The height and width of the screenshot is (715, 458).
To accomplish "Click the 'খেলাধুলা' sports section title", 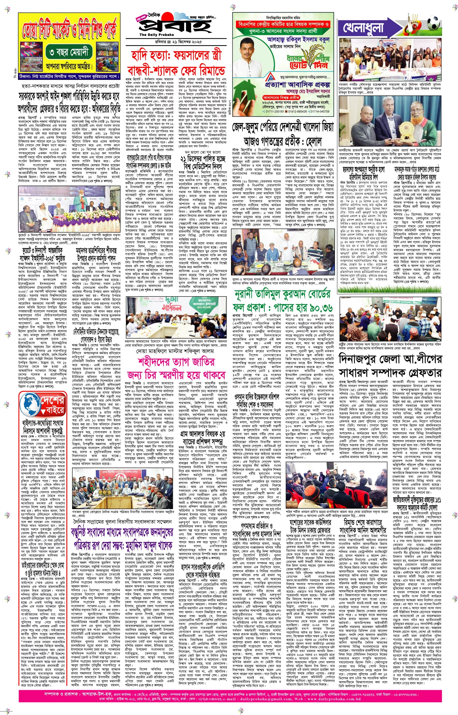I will tap(364, 28).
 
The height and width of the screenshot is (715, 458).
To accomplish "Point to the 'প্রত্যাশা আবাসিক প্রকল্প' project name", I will tap(297, 84).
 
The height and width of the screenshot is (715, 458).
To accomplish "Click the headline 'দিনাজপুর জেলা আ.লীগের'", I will tap(390, 359).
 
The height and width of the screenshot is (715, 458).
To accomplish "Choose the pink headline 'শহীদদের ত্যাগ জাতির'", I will tap(176, 362).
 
